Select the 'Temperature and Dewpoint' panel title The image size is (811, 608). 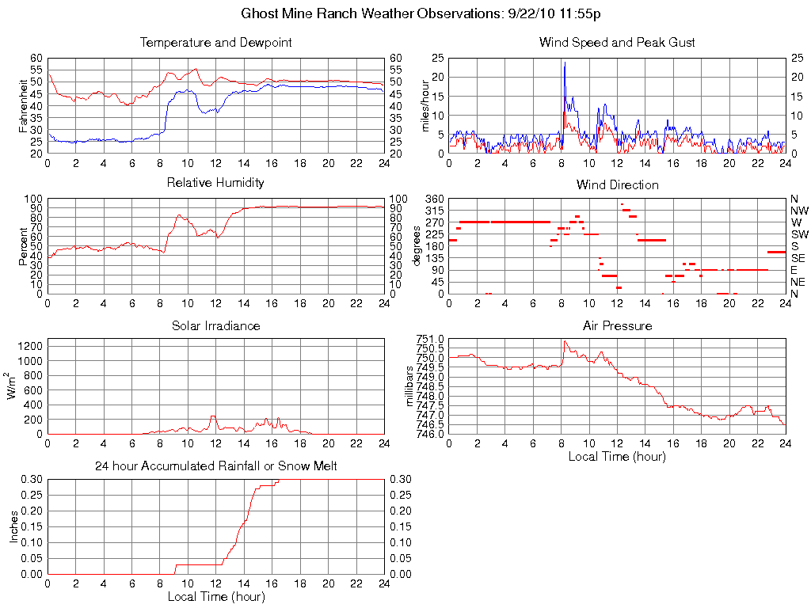(x=215, y=42)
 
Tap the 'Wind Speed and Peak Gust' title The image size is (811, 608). (x=617, y=42)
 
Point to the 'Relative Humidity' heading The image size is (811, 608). (x=215, y=183)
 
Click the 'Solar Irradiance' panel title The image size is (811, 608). (x=215, y=325)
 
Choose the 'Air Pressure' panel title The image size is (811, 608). (x=617, y=325)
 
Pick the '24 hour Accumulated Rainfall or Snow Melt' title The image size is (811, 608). (x=215, y=466)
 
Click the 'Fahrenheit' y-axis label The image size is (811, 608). (x=23, y=105)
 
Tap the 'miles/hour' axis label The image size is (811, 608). (x=425, y=105)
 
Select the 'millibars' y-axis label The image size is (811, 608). (x=410, y=386)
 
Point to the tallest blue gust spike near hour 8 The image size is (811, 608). (x=565, y=64)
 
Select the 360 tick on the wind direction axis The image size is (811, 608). (x=434, y=199)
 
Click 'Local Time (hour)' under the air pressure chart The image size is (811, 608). (x=617, y=456)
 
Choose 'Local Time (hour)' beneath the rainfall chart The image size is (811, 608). (x=215, y=596)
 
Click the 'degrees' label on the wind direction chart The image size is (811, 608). (x=417, y=246)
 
